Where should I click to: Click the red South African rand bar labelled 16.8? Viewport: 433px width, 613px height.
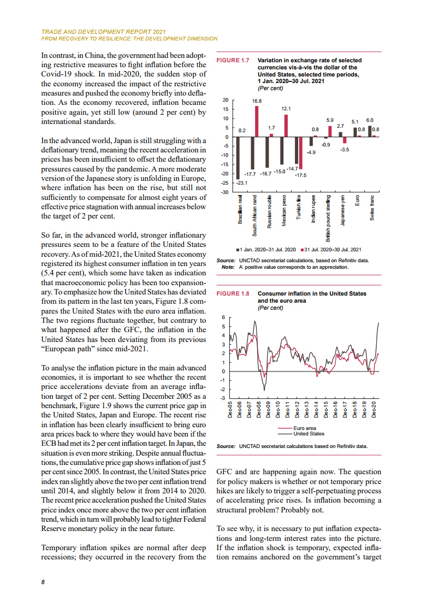point(257,121)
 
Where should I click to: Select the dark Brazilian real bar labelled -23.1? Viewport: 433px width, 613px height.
point(238,158)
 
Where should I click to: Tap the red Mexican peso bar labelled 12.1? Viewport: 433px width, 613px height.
point(286,125)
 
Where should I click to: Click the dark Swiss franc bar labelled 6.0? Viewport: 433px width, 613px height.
point(370,131)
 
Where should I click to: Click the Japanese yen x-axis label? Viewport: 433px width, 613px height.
point(342,210)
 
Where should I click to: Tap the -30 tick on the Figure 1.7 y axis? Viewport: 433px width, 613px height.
point(224,192)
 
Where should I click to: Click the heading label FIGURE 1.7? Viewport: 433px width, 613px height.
point(233,61)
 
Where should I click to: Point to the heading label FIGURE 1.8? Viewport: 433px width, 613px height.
point(233,294)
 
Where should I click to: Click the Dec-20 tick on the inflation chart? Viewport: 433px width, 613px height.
point(373,409)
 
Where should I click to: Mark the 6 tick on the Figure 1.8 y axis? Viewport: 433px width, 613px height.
point(223,317)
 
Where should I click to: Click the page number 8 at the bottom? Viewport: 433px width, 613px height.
point(43,582)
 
